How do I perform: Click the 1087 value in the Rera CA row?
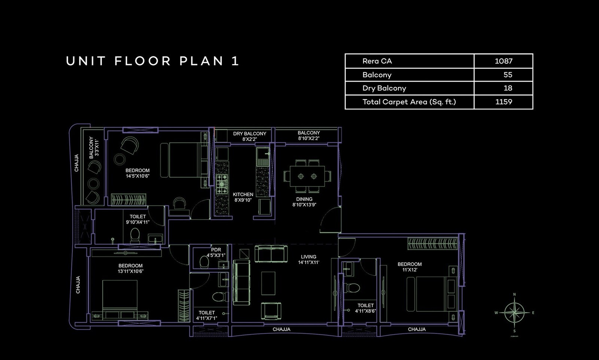pos(504,61)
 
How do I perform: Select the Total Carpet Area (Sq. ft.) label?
pos(409,102)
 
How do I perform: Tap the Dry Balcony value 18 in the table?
pos(508,88)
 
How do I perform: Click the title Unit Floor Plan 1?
pos(152,61)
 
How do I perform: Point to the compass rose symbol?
pos(514,312)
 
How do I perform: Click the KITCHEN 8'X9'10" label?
pos(243,197)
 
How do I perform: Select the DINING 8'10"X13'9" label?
pos(304,202)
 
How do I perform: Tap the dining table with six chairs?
pos(307,176)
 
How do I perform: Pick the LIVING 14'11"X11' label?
pos(308,259)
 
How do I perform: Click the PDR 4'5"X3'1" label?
pos(216,252)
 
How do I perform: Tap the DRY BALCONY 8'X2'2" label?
pos(249,136)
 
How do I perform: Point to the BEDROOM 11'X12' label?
pos(410,267)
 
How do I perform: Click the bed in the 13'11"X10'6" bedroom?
pos(120,296)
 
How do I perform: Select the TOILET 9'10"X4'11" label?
pos(138,219)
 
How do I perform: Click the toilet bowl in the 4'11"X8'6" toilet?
pos(352,287)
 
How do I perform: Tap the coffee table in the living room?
pos(268,283)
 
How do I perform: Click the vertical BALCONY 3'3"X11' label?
pos(94,147)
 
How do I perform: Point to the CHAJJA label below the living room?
pos(281,329)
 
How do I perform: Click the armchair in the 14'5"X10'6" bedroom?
pos(130,144)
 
